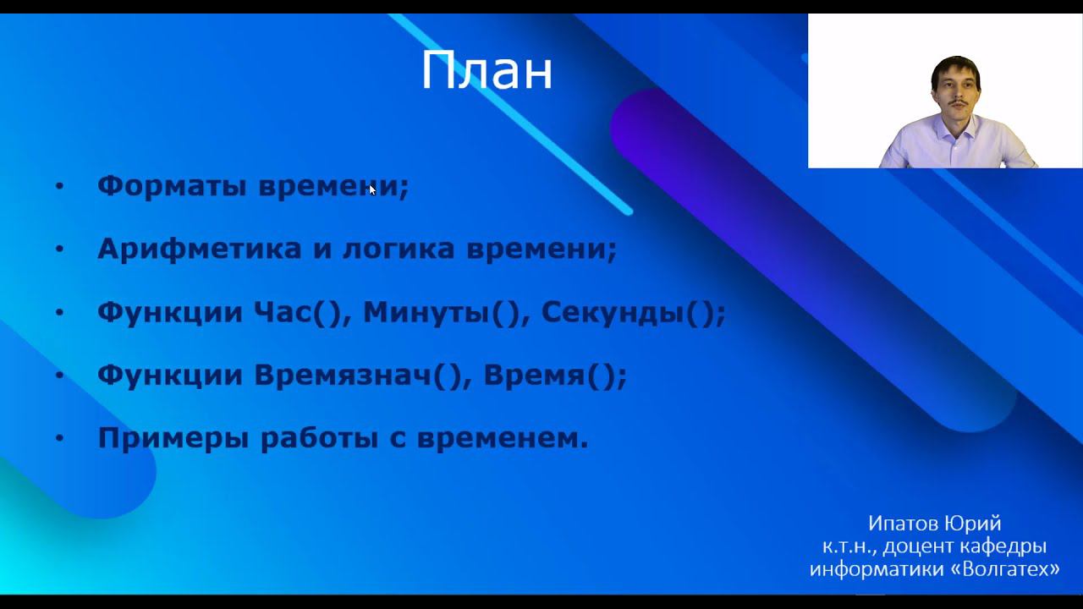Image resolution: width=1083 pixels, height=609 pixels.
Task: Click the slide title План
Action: pos(487,70)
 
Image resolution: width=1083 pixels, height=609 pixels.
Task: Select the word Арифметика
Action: pos(200,249)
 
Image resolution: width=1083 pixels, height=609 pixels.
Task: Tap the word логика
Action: pos(399,250)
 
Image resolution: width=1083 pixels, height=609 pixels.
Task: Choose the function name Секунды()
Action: pos(633,313)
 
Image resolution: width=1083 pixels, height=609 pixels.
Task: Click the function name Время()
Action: pos(555,376)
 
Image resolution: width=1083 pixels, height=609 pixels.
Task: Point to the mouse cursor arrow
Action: pos(371,189)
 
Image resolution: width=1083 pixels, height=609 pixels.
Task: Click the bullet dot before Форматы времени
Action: pos(59,186)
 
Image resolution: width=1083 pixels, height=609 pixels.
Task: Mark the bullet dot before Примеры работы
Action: pos(59,438)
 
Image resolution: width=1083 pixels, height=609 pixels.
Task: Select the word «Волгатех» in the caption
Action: pos(1005,569)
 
